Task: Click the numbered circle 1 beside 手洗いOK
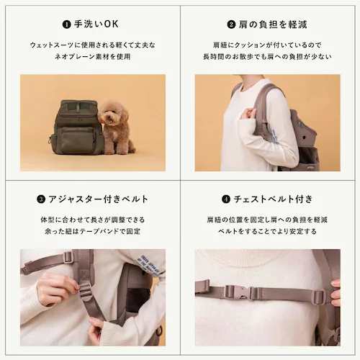tap(66, 24)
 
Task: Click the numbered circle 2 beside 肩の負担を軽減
tap(232, 24)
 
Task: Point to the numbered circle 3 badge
tap(42, 199)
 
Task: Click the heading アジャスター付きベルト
tap(98, 199)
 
